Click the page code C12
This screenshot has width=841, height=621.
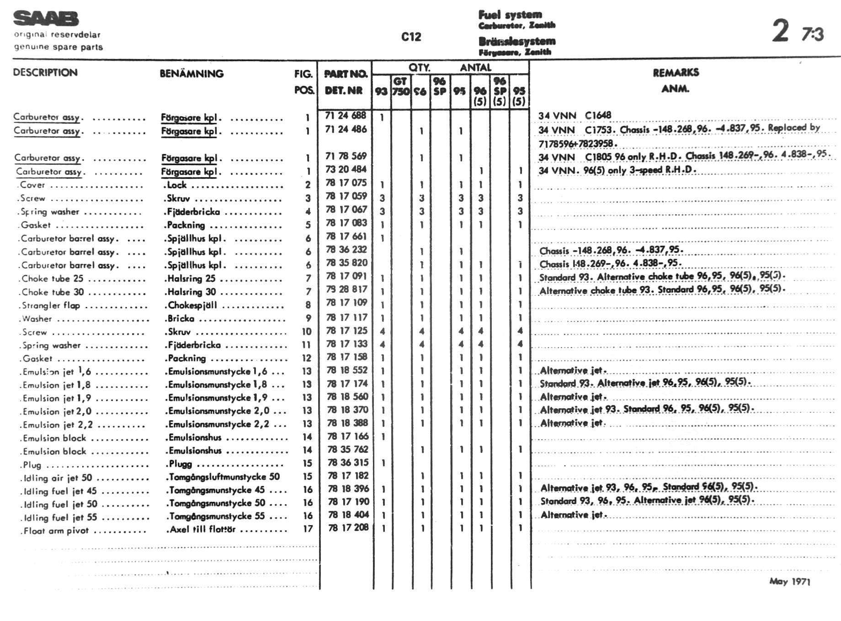coord(411,37)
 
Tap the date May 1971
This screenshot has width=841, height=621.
coord(789,581)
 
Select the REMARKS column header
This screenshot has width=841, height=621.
coord(676,73)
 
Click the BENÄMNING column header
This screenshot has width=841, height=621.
coord(192,74)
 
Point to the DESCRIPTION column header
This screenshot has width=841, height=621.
coord(45,73)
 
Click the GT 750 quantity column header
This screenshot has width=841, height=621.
coord(401,86)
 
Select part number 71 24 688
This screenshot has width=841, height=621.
coord(346,116)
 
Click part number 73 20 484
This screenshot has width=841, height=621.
coord(346,169)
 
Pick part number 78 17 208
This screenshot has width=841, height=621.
coord(347,527)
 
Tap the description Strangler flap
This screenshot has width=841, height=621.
coord(51,305)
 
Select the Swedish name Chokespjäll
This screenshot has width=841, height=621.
coord(192,305)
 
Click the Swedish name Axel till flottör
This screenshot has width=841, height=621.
coord(202,530)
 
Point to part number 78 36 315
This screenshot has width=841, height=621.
coord(347,463)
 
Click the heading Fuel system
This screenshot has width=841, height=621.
coord(510,15)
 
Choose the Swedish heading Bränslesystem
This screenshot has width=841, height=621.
coord(517,41)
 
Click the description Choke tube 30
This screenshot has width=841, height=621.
coord(52,292)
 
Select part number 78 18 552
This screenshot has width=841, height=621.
coord(347,370)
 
